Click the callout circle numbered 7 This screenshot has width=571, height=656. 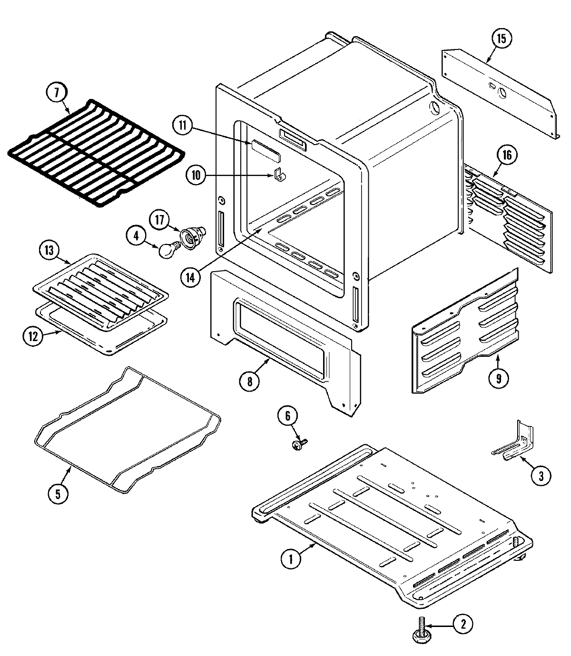tap(57, 93)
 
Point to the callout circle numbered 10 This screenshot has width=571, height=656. tap(196, 175)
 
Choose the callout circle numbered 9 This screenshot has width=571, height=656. tap(499, 378)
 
